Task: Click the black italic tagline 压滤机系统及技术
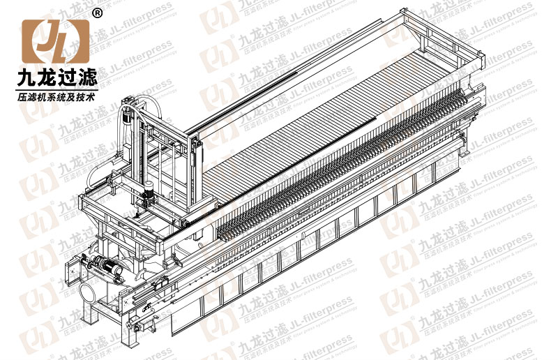56,95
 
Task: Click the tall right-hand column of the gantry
197,178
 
